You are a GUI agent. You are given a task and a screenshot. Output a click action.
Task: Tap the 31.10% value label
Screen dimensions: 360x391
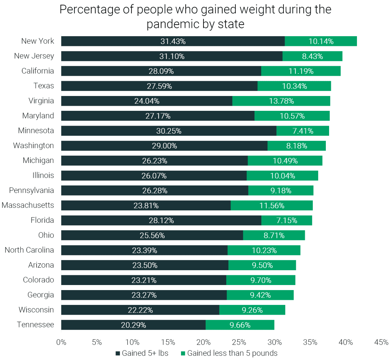172,56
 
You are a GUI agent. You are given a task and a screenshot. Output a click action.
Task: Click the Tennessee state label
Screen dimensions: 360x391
35,325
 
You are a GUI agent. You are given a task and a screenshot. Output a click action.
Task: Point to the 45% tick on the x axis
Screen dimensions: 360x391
381,342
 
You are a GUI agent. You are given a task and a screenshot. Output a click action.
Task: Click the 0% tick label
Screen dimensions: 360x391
61,342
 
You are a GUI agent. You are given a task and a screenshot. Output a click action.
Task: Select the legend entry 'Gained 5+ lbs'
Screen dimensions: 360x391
142,353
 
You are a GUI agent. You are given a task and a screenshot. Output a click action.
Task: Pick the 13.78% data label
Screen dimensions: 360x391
281,101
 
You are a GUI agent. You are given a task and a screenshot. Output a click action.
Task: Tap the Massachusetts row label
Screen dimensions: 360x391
28,205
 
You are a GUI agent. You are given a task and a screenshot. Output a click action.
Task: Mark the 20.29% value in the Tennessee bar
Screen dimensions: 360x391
133,325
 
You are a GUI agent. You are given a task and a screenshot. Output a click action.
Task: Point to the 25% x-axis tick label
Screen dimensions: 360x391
239,342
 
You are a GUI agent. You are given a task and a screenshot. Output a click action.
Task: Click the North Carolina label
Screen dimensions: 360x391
29,250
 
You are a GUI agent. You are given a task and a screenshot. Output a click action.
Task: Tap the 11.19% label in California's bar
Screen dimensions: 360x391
301,71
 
